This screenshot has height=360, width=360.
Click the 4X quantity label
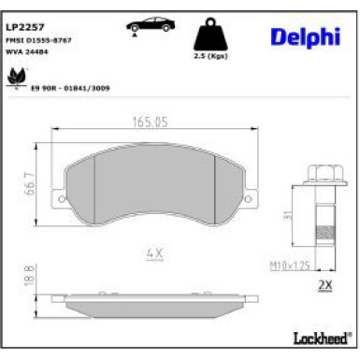click(x=155, y=252)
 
